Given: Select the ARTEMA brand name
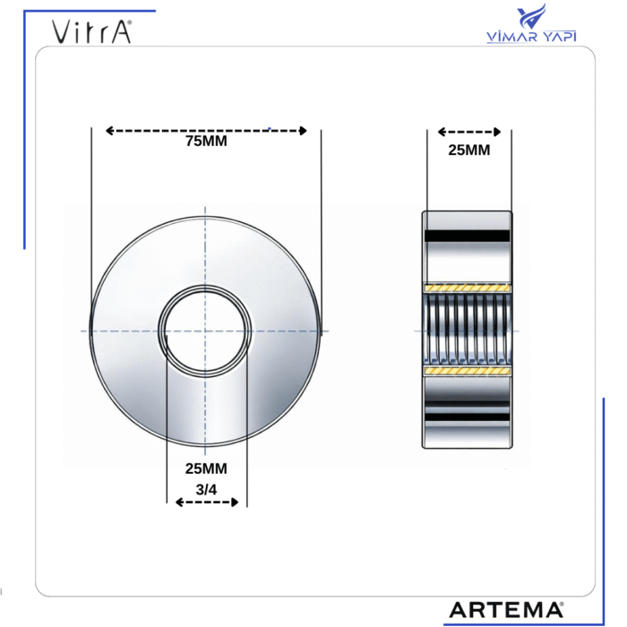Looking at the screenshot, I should [505, 610].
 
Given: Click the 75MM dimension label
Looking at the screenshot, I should [206, 141].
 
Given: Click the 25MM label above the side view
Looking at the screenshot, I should [468, 150].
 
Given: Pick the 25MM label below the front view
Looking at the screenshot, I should [206, 468].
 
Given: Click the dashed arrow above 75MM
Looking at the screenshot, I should [206, 131].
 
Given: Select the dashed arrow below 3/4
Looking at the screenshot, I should [207, 502].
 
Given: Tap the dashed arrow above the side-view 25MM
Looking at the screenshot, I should [468, 132].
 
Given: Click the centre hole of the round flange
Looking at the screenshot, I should [206, 331].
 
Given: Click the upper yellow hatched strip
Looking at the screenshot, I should [468, 288].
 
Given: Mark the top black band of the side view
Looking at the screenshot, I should [468, 236].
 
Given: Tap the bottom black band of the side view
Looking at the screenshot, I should [468, 417].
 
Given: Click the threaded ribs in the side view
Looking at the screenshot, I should [468, 329].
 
